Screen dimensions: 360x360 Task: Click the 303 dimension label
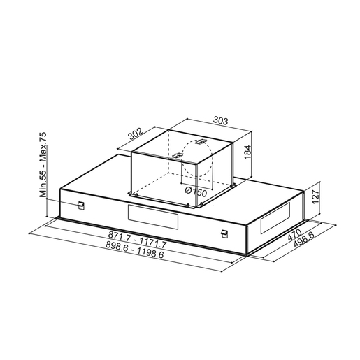tap(220, 120)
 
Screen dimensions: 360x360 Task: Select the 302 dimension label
tap(135, 134)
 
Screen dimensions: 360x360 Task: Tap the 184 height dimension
tap(247, 152)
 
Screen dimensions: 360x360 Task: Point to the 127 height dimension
tap(315, 196)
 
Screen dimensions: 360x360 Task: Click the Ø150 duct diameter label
tap(196, 192)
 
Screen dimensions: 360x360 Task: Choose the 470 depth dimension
tap(294, 235)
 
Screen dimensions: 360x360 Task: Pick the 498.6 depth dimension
tap(303, 239)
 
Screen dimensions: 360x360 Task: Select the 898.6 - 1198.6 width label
tap(135, 250)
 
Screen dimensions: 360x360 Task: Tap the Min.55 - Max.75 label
tap(43, 165)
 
